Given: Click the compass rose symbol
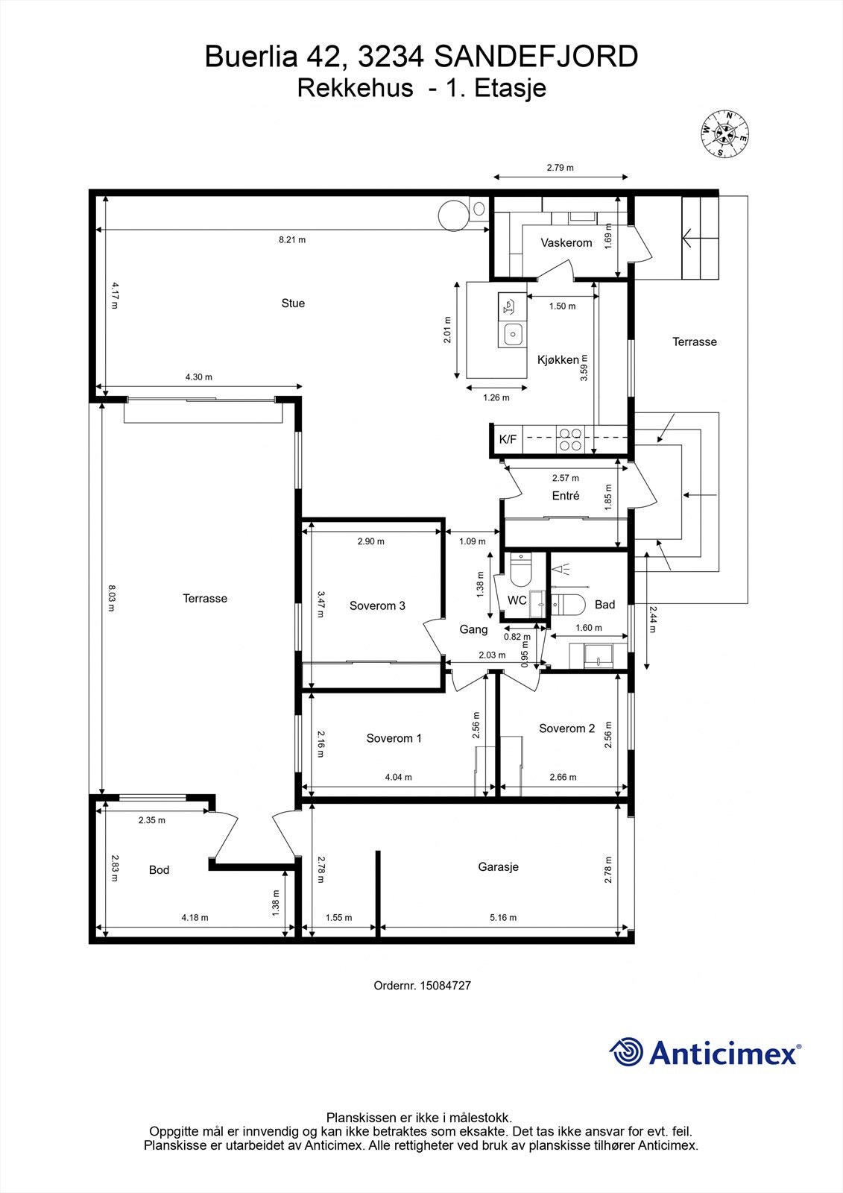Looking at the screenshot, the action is tap(724, 134).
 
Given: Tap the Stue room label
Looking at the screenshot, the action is tap(293, 303).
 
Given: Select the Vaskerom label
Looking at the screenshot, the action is tap(566, 243).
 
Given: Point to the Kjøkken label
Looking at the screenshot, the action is tap(558, 360).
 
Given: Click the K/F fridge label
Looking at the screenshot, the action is tap(508, 439).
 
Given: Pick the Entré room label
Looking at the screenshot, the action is tap(566, 495).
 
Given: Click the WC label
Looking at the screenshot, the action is tap(517, 600).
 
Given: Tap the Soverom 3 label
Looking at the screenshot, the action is tap(377, 605).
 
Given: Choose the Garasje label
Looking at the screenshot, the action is tap(498, 866).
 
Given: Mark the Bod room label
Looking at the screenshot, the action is tap(159, 869).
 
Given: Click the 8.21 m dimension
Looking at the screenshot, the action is tap(292, 239).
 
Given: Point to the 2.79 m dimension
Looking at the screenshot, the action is tap(561, 168).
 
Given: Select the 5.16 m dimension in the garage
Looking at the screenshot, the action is tap(502, 918).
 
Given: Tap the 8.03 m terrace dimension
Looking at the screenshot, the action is tap(111, 598).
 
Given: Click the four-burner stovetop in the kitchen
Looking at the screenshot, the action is tap(569, 439).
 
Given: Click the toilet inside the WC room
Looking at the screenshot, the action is tap(520, 569).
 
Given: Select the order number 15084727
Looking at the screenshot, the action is tap(445, 985).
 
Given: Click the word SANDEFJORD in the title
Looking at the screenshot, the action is tap(536, 57).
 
